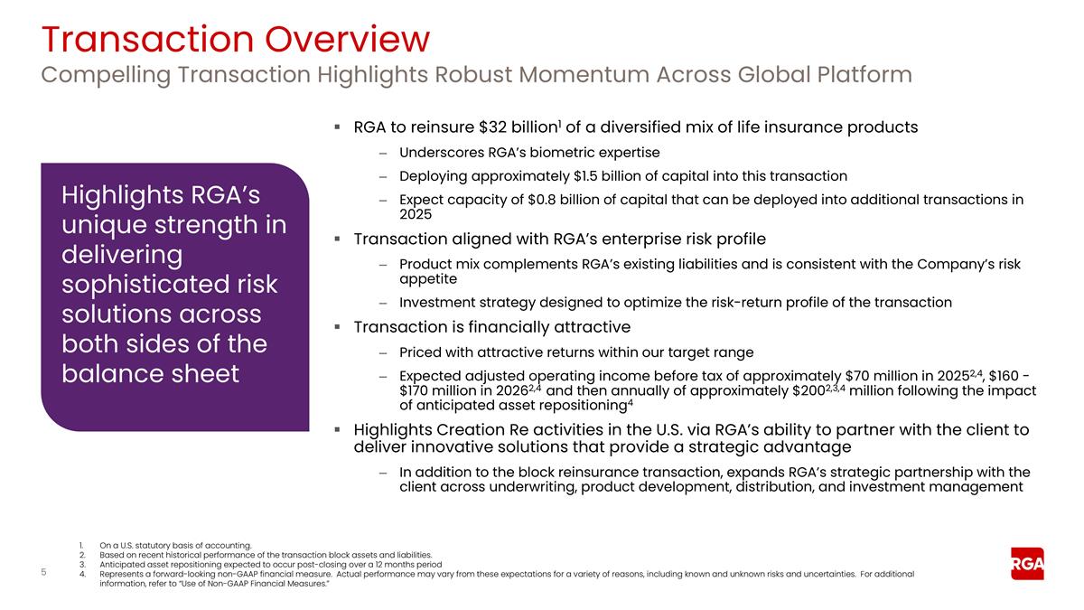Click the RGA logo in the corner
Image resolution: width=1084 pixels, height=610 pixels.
pos(1027,564)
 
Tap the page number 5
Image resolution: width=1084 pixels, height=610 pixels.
pos(44,572)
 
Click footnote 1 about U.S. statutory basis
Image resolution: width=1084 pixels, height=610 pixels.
pos(163,545)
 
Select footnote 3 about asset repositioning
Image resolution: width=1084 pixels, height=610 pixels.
pos(270,564)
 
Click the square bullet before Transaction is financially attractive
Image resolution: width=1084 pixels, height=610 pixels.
pos(336,327)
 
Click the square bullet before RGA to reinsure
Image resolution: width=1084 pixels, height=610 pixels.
pos(336,127)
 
